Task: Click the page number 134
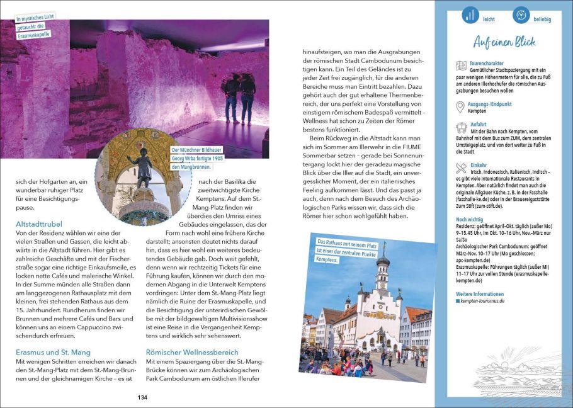[142, 397]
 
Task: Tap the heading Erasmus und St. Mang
[53, 352]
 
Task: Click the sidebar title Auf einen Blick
[504, 42]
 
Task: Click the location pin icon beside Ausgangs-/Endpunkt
[460, 107]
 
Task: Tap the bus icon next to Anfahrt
[461, 128]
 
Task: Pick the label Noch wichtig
[470, 219]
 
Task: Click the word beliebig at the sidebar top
[542, 20]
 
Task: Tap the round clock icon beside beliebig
[521, 16]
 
